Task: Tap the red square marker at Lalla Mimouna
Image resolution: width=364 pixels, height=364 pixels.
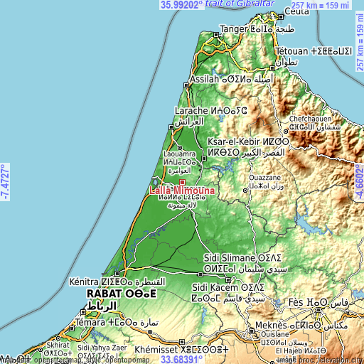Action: pos(181,183)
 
